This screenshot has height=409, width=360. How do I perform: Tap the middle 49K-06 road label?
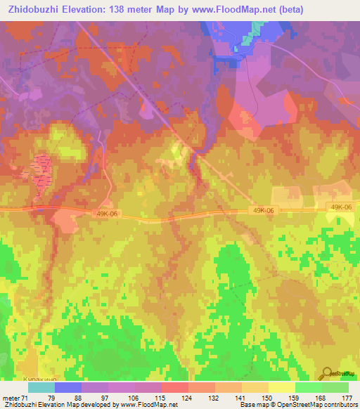[x=260, y=209]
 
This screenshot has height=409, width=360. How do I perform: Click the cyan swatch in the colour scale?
[x=41, y=388]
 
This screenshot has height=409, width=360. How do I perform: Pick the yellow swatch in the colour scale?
[x=282, y=388]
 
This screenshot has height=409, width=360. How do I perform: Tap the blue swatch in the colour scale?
[x=68, y=388]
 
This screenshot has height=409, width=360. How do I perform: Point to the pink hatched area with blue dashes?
[x=41, y=169]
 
